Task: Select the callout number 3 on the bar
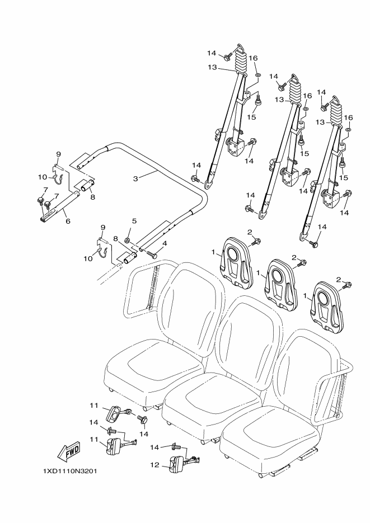135,179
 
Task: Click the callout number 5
134,222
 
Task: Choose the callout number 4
165,243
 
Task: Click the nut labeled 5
128,241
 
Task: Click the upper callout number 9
58,154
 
